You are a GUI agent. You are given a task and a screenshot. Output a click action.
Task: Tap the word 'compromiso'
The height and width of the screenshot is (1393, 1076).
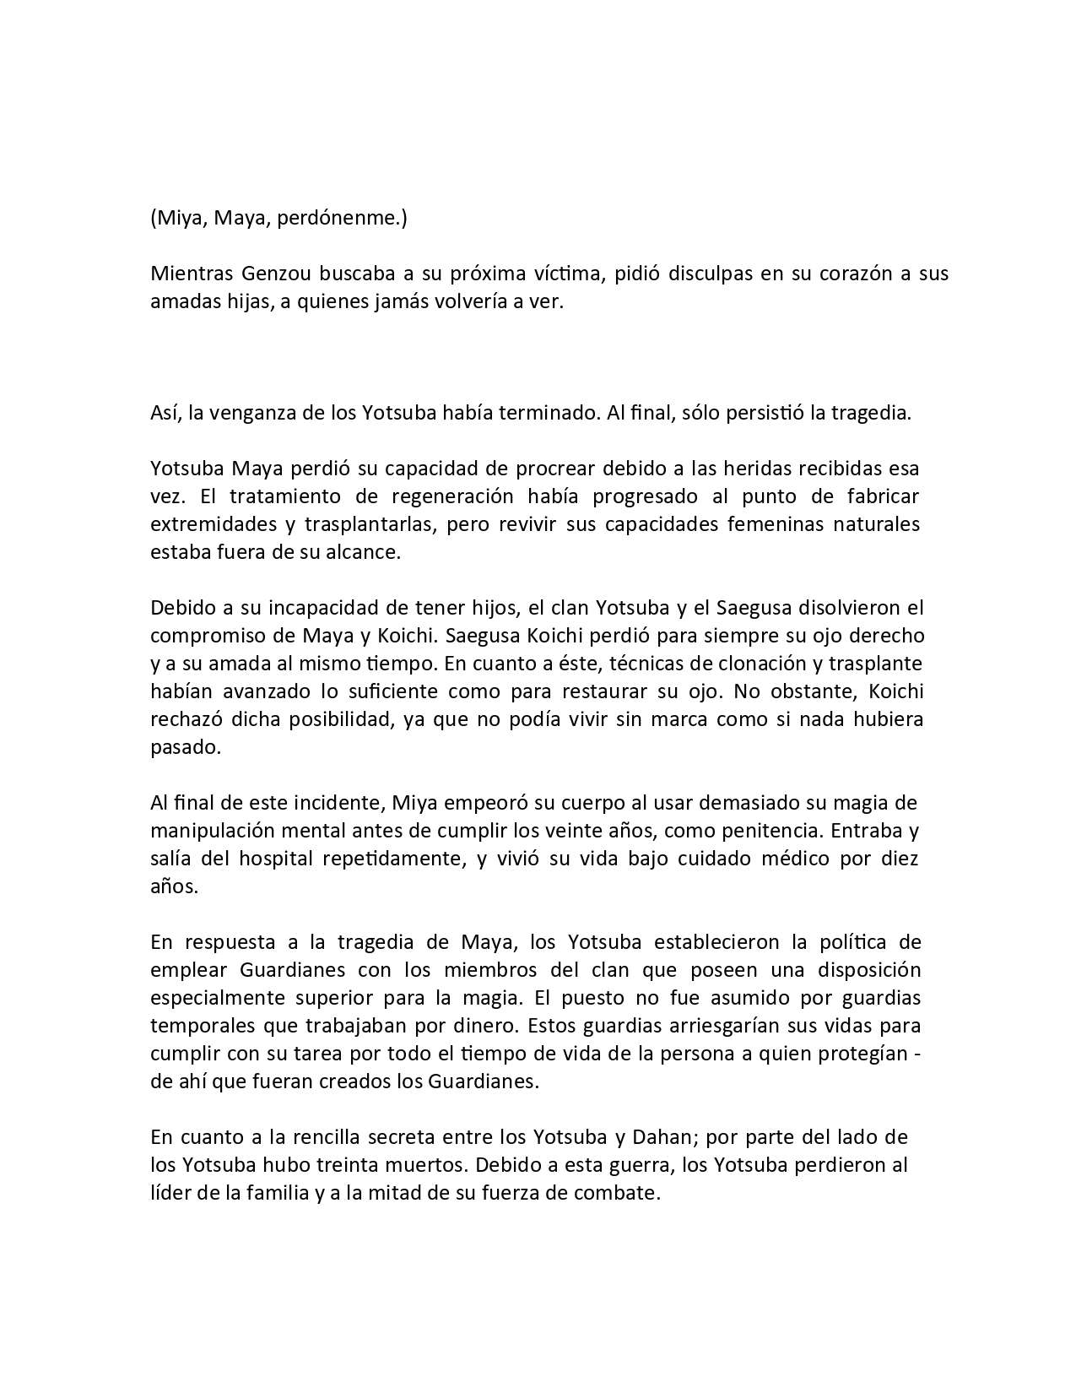pos(203,635)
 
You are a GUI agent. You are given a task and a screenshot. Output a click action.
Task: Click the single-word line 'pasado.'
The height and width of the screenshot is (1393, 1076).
pos(185,747)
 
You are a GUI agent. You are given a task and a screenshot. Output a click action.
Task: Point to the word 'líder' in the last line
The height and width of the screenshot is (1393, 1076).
pos(170,1193)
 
